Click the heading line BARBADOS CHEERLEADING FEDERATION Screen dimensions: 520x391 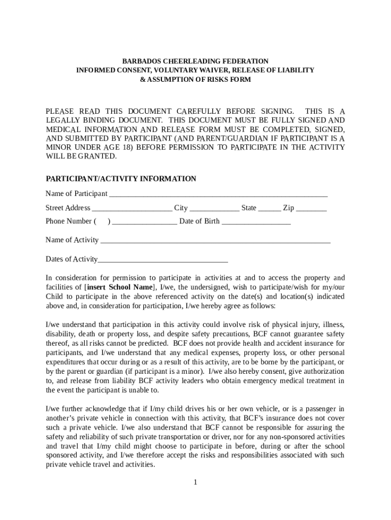[x=195, y=61]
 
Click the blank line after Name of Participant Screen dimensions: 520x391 [x=218, y=195]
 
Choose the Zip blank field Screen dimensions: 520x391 [x=311, y=209]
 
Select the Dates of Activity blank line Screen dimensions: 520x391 [x=162, y=261]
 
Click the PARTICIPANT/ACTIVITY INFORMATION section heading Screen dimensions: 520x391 [x=121, y=179]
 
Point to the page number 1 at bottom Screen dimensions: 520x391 [x=195, y=482]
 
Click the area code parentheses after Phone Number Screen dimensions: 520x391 [x=102, y=221]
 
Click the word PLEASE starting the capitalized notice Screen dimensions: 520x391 [x=59, y=111]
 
